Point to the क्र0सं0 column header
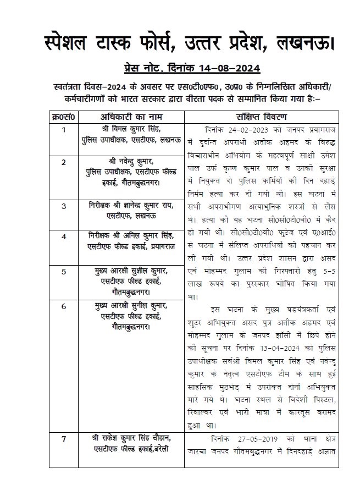click(x=63, y=117)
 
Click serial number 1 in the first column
click(x=64, y=130)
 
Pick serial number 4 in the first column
click(x=64, y=236)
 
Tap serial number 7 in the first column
click(x=64, y=439)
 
